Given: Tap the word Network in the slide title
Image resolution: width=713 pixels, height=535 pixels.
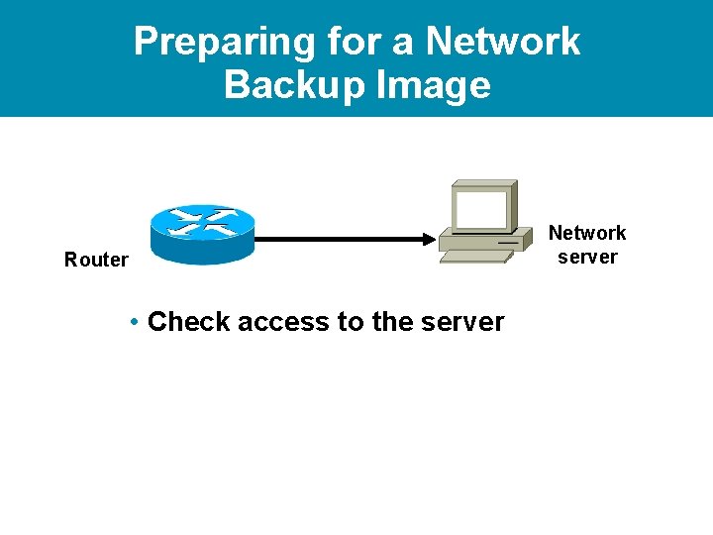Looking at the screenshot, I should tap(503, 42).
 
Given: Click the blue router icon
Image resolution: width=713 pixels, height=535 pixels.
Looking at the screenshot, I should tap(202, 234).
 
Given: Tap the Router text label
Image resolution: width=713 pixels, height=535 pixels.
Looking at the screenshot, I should tap(96, 260).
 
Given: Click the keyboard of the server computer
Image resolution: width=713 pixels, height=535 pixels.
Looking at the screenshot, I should tap(475, 257).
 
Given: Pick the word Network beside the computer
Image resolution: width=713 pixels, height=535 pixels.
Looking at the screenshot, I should tap(587, 233).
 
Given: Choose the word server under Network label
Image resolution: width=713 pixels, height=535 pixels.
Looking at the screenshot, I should tap(587, 257).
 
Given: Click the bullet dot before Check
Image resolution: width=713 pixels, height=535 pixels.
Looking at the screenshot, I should tap(134, 322).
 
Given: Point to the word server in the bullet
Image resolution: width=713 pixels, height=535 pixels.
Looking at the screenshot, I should tap(463, 322).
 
